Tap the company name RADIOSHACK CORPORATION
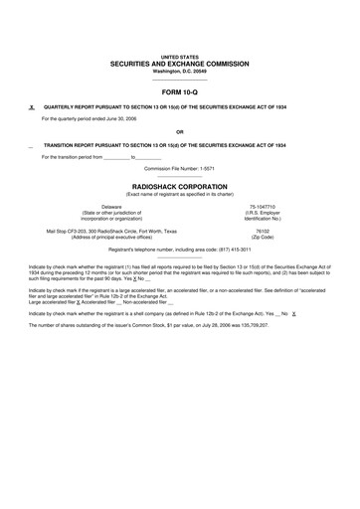point(179,185)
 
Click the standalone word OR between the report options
point(179,130)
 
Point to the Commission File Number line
point(179,168)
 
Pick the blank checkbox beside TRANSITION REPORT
point(32,144)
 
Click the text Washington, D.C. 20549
point(179,72)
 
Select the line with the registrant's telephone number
point(179,250)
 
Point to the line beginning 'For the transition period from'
point(101,157)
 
